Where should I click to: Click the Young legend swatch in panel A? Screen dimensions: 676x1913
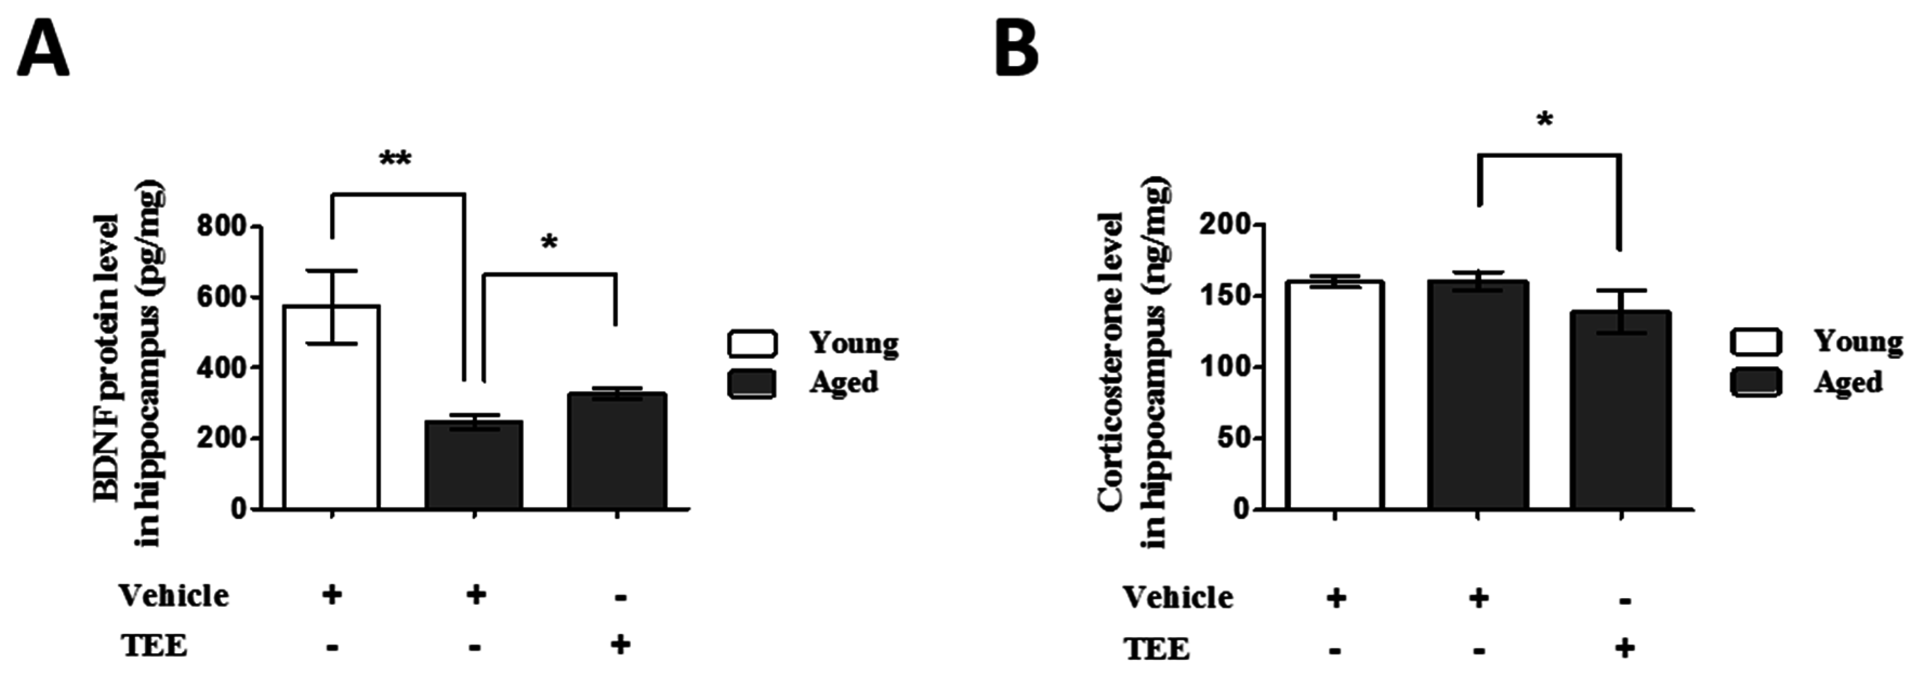752,344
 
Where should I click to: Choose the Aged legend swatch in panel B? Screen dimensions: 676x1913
1755,382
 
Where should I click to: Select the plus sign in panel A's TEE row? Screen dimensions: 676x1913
620,644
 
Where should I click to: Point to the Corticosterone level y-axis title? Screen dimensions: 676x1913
1132,364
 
